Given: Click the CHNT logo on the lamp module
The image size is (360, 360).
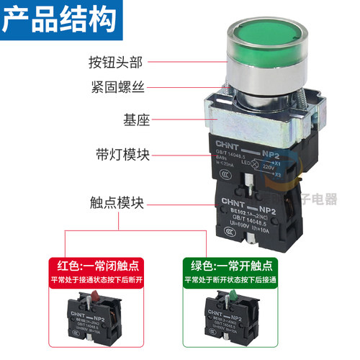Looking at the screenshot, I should pos(231,143).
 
